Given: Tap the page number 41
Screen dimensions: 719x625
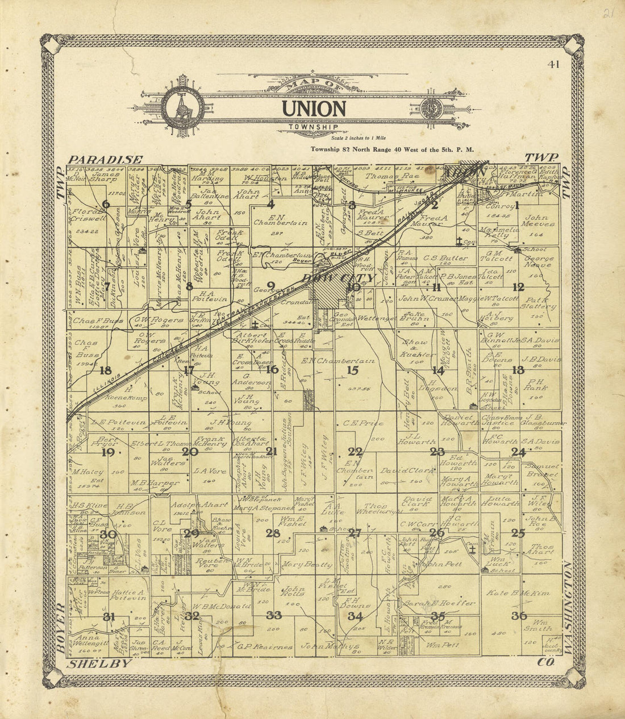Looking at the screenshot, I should [x=553, y=64].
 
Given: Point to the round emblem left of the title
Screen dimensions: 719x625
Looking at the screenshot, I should [x=182, y=107].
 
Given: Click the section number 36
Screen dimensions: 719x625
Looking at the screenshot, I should [x=518, y=616].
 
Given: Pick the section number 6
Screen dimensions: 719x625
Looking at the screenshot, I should [x=106, y=205].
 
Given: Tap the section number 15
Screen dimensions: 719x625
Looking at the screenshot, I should [x=352, y=371].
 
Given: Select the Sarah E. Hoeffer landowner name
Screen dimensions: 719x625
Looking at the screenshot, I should [x=439, y=603].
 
